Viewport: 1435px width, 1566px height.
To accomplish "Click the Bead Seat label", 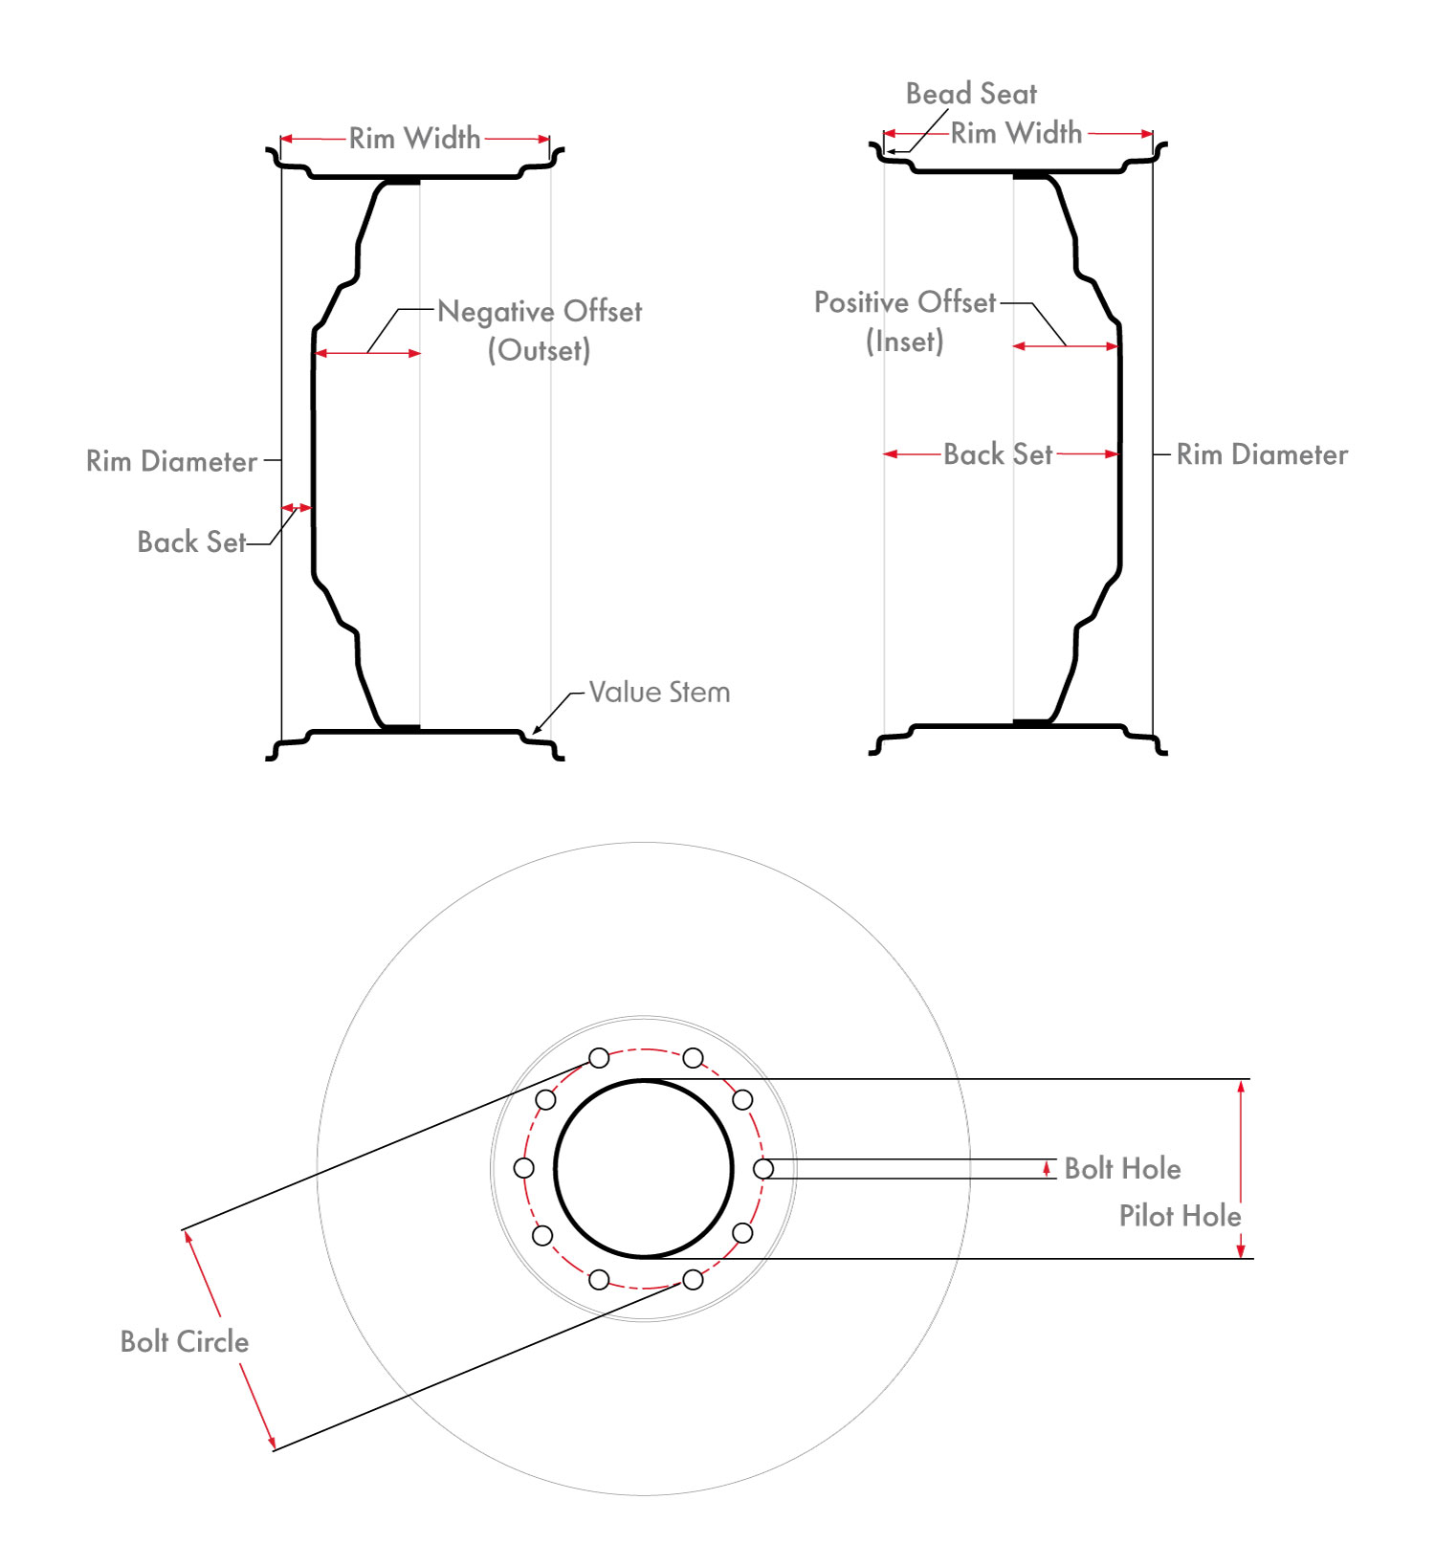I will pos(971,94).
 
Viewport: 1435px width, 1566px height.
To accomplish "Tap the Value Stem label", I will pos(659,692).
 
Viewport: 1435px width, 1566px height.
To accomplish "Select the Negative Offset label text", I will pos(540,312).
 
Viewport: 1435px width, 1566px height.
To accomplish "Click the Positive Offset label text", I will pos(905,302).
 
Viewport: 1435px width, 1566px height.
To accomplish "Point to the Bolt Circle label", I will pos(185,1341).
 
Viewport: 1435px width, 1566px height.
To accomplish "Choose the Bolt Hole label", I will pos(1122,1168).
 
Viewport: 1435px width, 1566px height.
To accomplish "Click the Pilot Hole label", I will pos(1180,1216).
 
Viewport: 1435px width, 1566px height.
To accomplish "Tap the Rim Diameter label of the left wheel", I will pos(171,461).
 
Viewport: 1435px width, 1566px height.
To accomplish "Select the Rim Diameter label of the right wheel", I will pos(1262,454).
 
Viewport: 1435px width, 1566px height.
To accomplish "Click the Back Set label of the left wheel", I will pos(191,541).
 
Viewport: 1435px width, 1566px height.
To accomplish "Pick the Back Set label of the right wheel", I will pos(998,453).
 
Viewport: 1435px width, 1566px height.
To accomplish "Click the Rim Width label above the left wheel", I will pos(414,139).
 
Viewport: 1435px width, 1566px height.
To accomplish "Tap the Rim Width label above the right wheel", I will pos(1016,133).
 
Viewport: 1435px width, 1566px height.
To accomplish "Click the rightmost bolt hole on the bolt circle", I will pos(763,1168).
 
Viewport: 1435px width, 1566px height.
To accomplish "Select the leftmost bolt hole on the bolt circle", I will pos(523,1168).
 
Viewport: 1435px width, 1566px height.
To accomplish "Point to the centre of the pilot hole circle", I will pos(644,1168).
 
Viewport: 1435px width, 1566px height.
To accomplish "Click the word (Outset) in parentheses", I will pos(539,350).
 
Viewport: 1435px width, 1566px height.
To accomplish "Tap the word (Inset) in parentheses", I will pos(904,342).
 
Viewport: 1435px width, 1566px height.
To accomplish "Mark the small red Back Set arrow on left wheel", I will pos(297,507).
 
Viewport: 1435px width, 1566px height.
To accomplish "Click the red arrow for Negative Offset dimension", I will pos(367,353).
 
